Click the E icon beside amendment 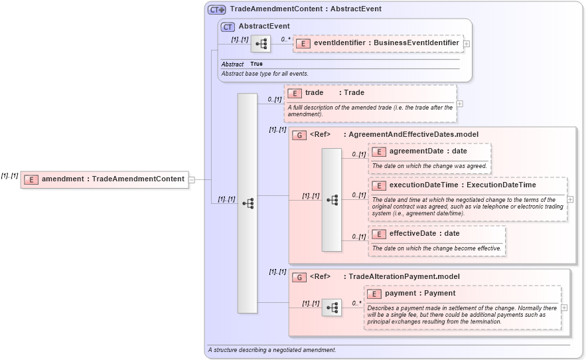pos(31,179)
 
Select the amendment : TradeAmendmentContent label pos(113,179)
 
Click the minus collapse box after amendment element pos(192,179)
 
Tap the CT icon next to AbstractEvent pos(228,27)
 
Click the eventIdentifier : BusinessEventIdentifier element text pos(386,43)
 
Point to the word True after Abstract pos(256,64)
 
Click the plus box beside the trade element pos(460,104)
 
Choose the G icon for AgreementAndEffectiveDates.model pos(299,135)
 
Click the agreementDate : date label pos(428,151)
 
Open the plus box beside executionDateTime pos(570,199)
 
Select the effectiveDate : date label pos(424,234)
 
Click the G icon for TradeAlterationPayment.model pos(299,277)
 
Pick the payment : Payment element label pos(420,294)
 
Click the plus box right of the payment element pos(564,308)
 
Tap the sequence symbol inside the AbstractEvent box pos(261,44)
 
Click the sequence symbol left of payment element pos(332,308)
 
